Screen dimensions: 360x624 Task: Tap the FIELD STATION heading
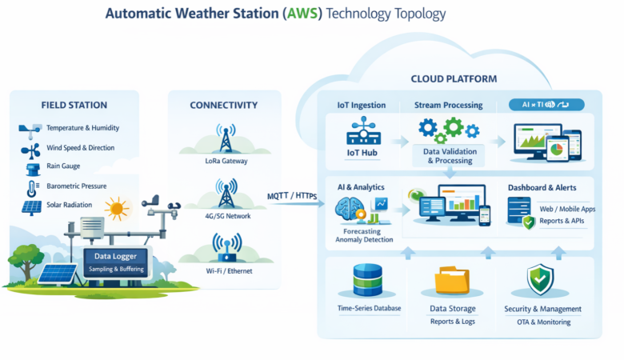pos(74,105)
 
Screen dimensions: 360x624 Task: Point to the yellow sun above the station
pos(118,210)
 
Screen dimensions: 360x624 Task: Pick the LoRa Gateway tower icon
pos(225,141)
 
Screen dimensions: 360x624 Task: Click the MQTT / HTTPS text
pos(294,196)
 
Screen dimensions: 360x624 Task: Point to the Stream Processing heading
pos(448,105)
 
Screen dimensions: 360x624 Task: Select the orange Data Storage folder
pos(453,281)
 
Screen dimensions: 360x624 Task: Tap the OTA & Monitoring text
pos(543,322)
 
